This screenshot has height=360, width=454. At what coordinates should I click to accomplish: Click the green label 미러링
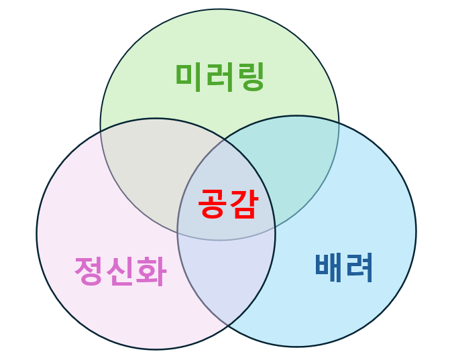[220, 76]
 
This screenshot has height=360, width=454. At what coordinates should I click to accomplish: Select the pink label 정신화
[120, 272]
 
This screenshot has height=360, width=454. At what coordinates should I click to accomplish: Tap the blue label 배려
[344, 267]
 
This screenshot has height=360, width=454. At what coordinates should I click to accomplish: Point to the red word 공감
[227, 203]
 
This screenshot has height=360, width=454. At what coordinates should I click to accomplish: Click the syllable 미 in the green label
[190, 76]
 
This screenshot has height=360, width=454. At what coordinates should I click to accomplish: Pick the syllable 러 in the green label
[220, 76]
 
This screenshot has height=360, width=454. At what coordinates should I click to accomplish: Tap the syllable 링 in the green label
[251, 76]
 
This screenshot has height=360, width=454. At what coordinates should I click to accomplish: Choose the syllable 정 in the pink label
[89, 272]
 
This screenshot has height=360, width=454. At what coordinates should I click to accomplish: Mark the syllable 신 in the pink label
[120, 272]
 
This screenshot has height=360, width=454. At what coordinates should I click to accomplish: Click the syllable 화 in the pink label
[151, 272]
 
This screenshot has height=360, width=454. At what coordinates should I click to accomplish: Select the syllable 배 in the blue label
[329, 267]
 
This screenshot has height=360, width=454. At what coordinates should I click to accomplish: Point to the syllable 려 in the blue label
[359, 267]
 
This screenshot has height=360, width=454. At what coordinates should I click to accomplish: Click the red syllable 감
[242, 203]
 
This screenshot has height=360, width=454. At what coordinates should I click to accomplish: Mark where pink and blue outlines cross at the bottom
[228, 326]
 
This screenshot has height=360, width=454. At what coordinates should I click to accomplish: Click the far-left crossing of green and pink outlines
[101, 131]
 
